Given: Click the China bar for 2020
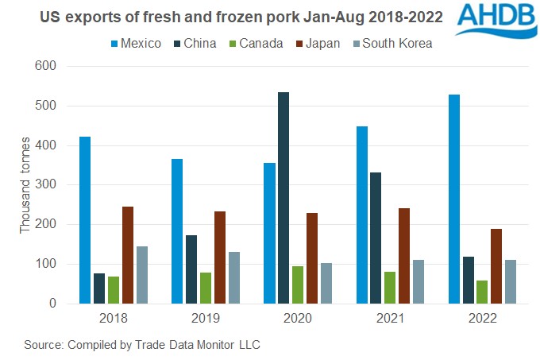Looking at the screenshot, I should tap(283, 198).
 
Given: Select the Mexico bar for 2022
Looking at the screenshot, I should tap(453, 199).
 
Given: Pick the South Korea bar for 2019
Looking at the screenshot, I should tap(234, 277).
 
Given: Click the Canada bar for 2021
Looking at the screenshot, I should tap(390, 287).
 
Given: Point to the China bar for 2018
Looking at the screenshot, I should tap(99, 288).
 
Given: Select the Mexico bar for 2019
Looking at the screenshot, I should tap(177, 231).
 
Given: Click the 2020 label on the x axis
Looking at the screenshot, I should tap(298, 319).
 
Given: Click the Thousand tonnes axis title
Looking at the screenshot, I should tap(25, 184).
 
